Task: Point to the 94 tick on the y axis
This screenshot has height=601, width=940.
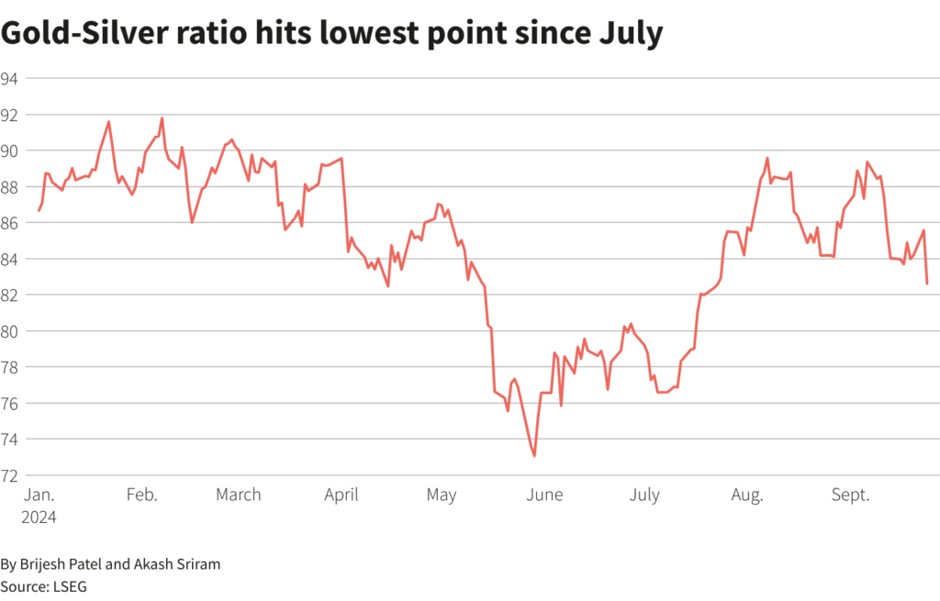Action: click(10, 79)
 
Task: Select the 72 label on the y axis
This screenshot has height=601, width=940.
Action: click(10, 475)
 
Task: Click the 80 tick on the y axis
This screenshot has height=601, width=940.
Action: click(10, 331)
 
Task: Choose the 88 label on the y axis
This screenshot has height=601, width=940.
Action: click(10, 187)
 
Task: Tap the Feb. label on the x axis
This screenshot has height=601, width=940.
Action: click(141, 495)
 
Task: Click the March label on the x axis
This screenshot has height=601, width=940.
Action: click(239, 495)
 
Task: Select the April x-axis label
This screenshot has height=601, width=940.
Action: click(341, 495)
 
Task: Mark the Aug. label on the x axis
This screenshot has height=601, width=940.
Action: click(747, 495)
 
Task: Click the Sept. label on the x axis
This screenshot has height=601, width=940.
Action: click(850, 495)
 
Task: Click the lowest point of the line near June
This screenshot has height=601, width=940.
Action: click(534, 456)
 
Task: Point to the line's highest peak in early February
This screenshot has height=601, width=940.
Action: click(162, 117)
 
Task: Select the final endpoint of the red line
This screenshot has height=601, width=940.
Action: click(927, 284)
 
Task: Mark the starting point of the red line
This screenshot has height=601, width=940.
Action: click(39, 211)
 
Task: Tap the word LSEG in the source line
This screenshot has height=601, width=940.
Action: click(69, 584)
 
